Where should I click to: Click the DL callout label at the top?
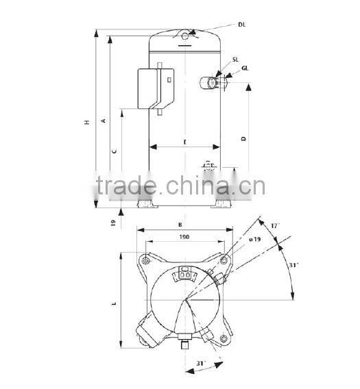241,25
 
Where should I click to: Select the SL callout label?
235,60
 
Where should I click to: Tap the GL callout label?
245,68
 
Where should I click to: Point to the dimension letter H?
86,123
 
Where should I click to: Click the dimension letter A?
104,121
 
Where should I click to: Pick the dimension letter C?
114,150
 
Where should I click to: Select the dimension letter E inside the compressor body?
184,141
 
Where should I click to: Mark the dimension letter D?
243,138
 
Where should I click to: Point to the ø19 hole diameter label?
254,238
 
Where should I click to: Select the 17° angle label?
275,225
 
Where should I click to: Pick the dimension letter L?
115,303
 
